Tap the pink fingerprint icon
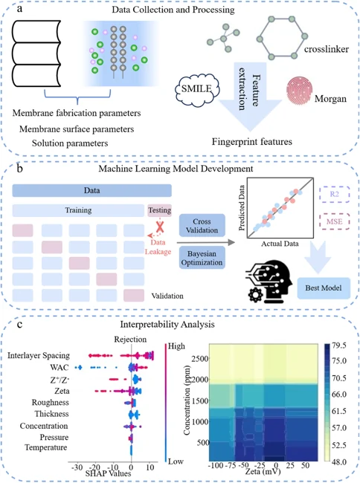coord(299,91)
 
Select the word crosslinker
coord(327,49)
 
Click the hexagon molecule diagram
coord(282,38)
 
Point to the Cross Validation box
coord(202,226)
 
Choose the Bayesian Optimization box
coord(202,258)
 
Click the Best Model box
coord(324,288)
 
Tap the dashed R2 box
coord(335,195)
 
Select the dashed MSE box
coord(335,221)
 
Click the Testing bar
coord(160,210)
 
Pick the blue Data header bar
coord(91,190)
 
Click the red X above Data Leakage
coord(159,227)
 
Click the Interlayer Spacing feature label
coord(39,355)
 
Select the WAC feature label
coord(60,368)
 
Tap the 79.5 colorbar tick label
coord(339,346)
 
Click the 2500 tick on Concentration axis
coord(200,359)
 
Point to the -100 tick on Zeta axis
coord(216,465)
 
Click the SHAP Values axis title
coord(108,473)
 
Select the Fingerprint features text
coord(252,142)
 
